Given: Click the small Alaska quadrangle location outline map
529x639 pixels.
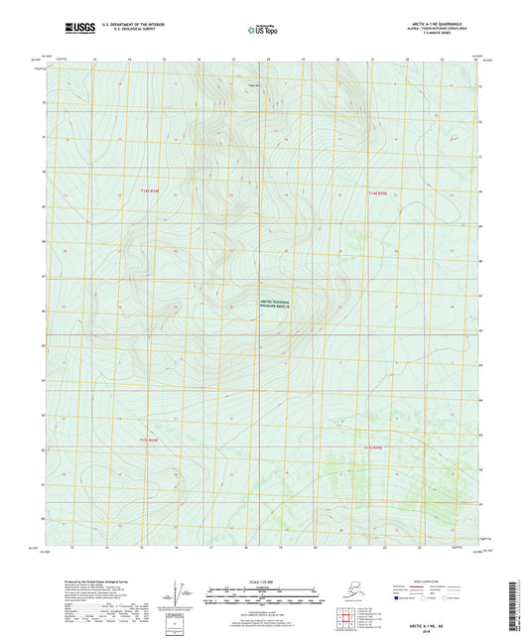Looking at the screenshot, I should (x=354, y=598).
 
